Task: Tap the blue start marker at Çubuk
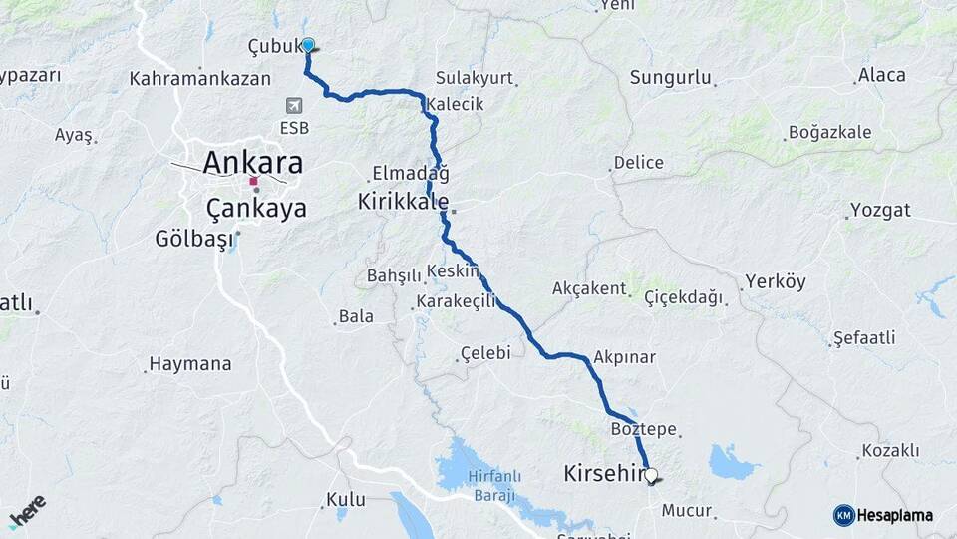pyautogui.click(x=309, y=45)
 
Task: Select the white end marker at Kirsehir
pyautogui.click(x=651, y=477)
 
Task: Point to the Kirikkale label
pyautogui.click(x=403, y=201)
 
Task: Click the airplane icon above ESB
pyautogui.click(x=294, y=106)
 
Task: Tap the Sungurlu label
pyautogui.click(x=670, y=77)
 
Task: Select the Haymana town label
pyautogui.click(x=189, y=364)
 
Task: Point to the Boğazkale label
pyautogui.click(x=829, y=132)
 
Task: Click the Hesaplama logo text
pyautogui.click(x=895, y=515)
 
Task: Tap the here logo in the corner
pyautogui.click(x=27, y=511)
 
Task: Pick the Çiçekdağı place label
pyautogui.click(x=683, y=297)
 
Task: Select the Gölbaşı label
pyautogui.click(x=193, y=239)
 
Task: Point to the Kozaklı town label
pyautogui.click(x=890, y=451)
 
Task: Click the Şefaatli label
pyautogui.click(x=865, y=337)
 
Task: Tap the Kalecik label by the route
pyautogui.click(x=456, y=104)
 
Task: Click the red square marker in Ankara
pyautogui.click(x=254, y=182)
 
